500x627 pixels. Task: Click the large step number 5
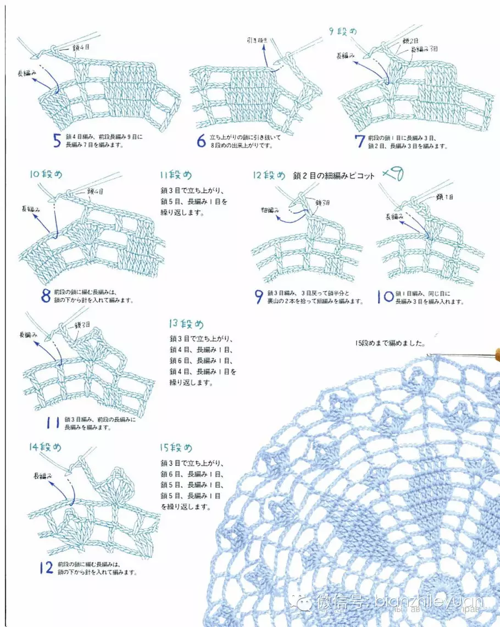[57, 141]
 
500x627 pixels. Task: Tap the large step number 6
[202, 141]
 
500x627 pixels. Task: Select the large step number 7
[360, 141]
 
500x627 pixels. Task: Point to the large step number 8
[46, 296]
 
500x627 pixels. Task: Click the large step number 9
[258, 297]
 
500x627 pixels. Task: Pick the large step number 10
[385, 297]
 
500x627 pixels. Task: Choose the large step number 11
[53, 423]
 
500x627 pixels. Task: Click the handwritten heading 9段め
[343, 31]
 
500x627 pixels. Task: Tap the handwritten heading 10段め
[46, 174]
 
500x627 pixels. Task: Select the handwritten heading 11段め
[176, 175]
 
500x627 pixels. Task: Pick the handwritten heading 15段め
[176, 447]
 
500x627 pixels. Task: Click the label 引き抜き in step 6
[257, 40]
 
